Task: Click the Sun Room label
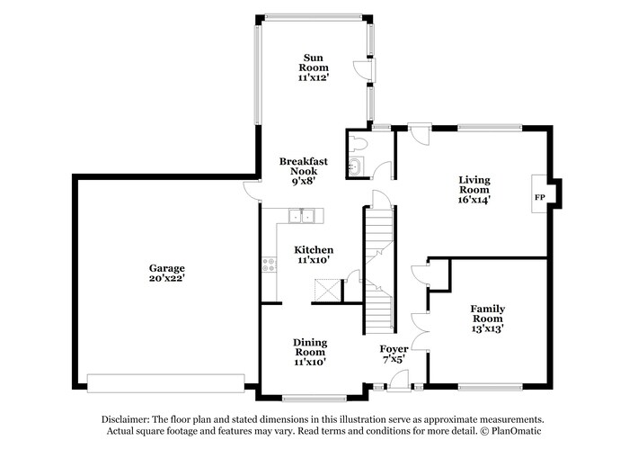(x=314, y=62)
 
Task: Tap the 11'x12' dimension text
(x=314, y=78)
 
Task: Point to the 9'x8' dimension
(x=303, y=181)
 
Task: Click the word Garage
(x=167, y=268)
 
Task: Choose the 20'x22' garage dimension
(x=167, y=279)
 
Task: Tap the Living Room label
(x=474, y=184)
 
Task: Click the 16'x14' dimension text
(x=474, y=201)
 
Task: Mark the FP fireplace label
(x=540, y=197)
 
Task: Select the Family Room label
(x=487, y=313)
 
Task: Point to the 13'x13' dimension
(x=487, y=329)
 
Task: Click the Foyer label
(x=394, y=348)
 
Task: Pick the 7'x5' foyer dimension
(x=394, y=359)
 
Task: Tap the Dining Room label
(x=310, y=346)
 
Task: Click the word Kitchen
(x=314, y=249)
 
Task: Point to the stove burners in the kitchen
(x=268, y=265)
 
